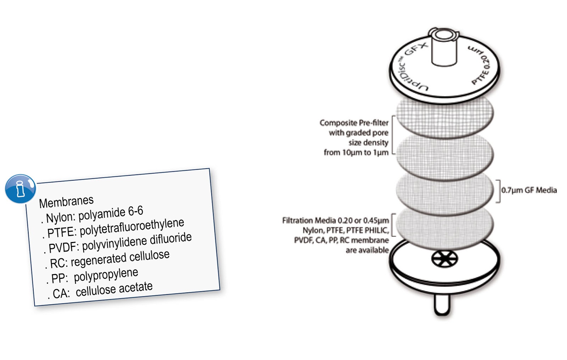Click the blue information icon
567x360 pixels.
[20, 189]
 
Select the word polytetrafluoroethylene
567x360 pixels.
[132, 227]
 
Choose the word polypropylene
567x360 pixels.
[106, 275]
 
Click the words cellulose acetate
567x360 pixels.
[114, 289]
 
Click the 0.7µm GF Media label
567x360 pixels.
[529, 190]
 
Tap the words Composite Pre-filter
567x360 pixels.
[354, 123]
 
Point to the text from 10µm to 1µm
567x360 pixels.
[356, 152]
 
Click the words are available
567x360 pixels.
[367, 250]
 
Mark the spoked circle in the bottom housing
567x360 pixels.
[444, 259]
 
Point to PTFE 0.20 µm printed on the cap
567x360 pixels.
[480, 65]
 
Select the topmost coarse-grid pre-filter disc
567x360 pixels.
[445, 117]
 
